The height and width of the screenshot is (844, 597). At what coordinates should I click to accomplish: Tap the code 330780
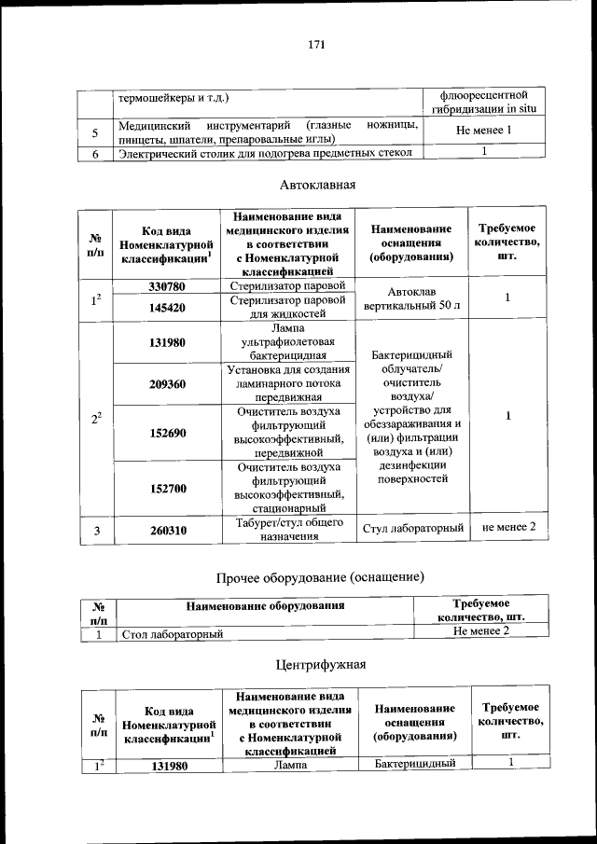click(x=166, y=285)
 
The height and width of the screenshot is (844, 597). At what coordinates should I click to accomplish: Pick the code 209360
click(x=166, y=383)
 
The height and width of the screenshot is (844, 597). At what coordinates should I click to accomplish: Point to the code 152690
click(x=166, y=433)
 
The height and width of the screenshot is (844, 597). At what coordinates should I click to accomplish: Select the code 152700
click(x=166, y=488)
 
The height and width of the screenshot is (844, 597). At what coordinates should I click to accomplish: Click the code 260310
click(x=166, y=530)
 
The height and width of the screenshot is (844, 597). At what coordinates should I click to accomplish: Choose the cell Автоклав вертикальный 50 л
click(x=412, y=297)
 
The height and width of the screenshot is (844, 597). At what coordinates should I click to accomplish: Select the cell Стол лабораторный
click(x=174, y=634)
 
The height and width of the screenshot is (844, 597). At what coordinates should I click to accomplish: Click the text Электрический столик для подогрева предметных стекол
click(x=265, y=154)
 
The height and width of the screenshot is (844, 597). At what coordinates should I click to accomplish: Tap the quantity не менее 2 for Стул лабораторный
click(x=508, y=528)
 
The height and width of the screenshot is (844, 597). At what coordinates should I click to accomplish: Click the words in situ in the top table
click(x=520, y=110)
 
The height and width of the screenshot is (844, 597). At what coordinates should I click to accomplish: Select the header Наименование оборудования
click(x=266, y=606)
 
